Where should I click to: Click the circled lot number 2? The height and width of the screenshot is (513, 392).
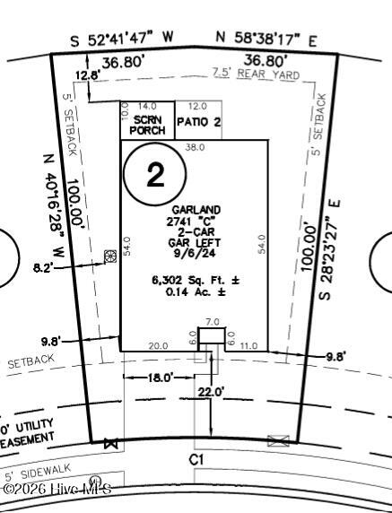(155, 175)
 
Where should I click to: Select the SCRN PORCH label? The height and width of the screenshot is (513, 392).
(146, 125)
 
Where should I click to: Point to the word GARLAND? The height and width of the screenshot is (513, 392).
(194, 210)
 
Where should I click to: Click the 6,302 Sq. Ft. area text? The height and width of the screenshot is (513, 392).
(194, 281)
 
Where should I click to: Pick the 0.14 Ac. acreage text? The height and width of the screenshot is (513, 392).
(194, 293)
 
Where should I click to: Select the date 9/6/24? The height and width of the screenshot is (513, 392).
(194, 254)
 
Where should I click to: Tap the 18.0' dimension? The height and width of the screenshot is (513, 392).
(161, 378)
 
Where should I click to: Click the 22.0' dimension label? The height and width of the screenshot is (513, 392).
(212, 391)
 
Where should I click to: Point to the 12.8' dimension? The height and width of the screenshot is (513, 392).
(87, 75)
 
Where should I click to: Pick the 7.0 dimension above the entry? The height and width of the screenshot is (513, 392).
(213, 321)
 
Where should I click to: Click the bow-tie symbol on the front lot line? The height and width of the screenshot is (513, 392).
(112, 443)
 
